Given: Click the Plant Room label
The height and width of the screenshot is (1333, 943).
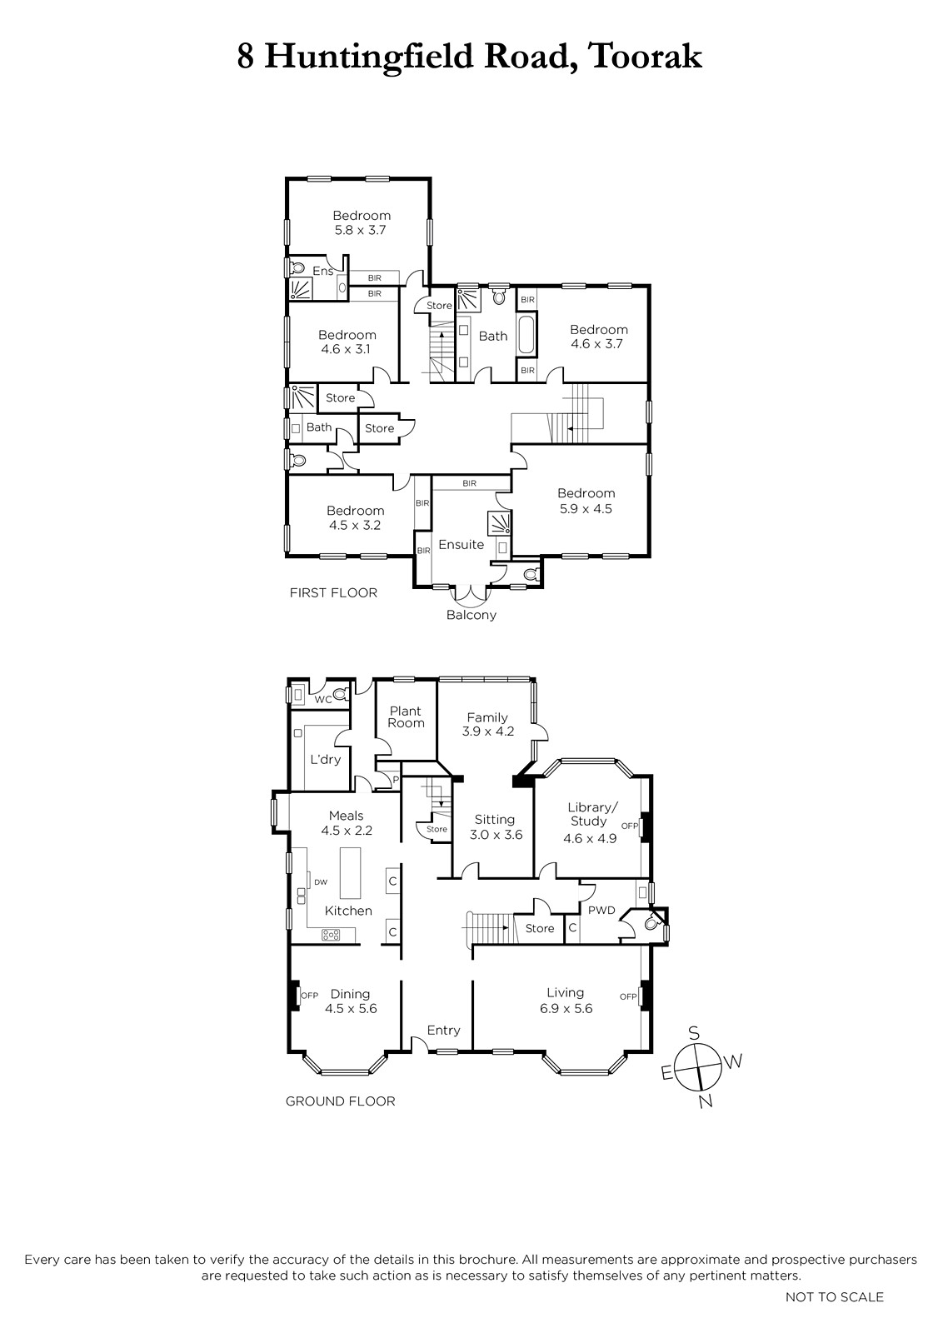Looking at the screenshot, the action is [406, 716].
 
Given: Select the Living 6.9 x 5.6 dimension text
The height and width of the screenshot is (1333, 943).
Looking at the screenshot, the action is [565, 1008].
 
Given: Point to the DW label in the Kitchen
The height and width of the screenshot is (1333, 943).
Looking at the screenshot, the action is [321, 882].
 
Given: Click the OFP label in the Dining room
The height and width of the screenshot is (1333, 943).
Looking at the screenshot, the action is [309, 995].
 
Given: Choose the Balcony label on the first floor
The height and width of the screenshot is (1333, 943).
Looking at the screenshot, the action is [471, 615].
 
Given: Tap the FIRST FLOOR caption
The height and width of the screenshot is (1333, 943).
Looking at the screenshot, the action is [333, 592].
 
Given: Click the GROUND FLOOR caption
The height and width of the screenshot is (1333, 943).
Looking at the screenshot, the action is [341, 1101].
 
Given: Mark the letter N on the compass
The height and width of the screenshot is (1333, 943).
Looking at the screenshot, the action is [705, 1101].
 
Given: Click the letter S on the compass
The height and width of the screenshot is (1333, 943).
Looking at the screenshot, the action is [694, 1032].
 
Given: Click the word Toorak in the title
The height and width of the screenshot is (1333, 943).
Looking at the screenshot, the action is [646, 57].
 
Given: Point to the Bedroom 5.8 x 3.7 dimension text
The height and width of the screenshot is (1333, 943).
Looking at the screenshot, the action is [361, 230].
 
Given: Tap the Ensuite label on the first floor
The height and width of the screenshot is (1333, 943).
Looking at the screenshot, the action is [462, 544].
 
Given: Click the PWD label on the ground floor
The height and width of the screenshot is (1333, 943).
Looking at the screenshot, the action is [601, 910].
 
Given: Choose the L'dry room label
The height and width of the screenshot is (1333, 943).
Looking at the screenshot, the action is [326, 759].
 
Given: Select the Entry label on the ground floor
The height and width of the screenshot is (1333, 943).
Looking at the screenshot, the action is [444, 1030].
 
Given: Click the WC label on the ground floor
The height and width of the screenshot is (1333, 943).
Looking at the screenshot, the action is [323, 699].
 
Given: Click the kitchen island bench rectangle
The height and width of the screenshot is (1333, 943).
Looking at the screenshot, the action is [351, 874].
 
